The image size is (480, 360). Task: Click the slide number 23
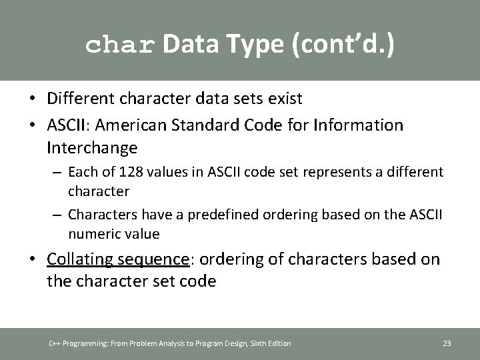pyautogui.click(x=447, y=343)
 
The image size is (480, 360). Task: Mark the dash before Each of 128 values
pyautogui.click(x=57, y=172)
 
